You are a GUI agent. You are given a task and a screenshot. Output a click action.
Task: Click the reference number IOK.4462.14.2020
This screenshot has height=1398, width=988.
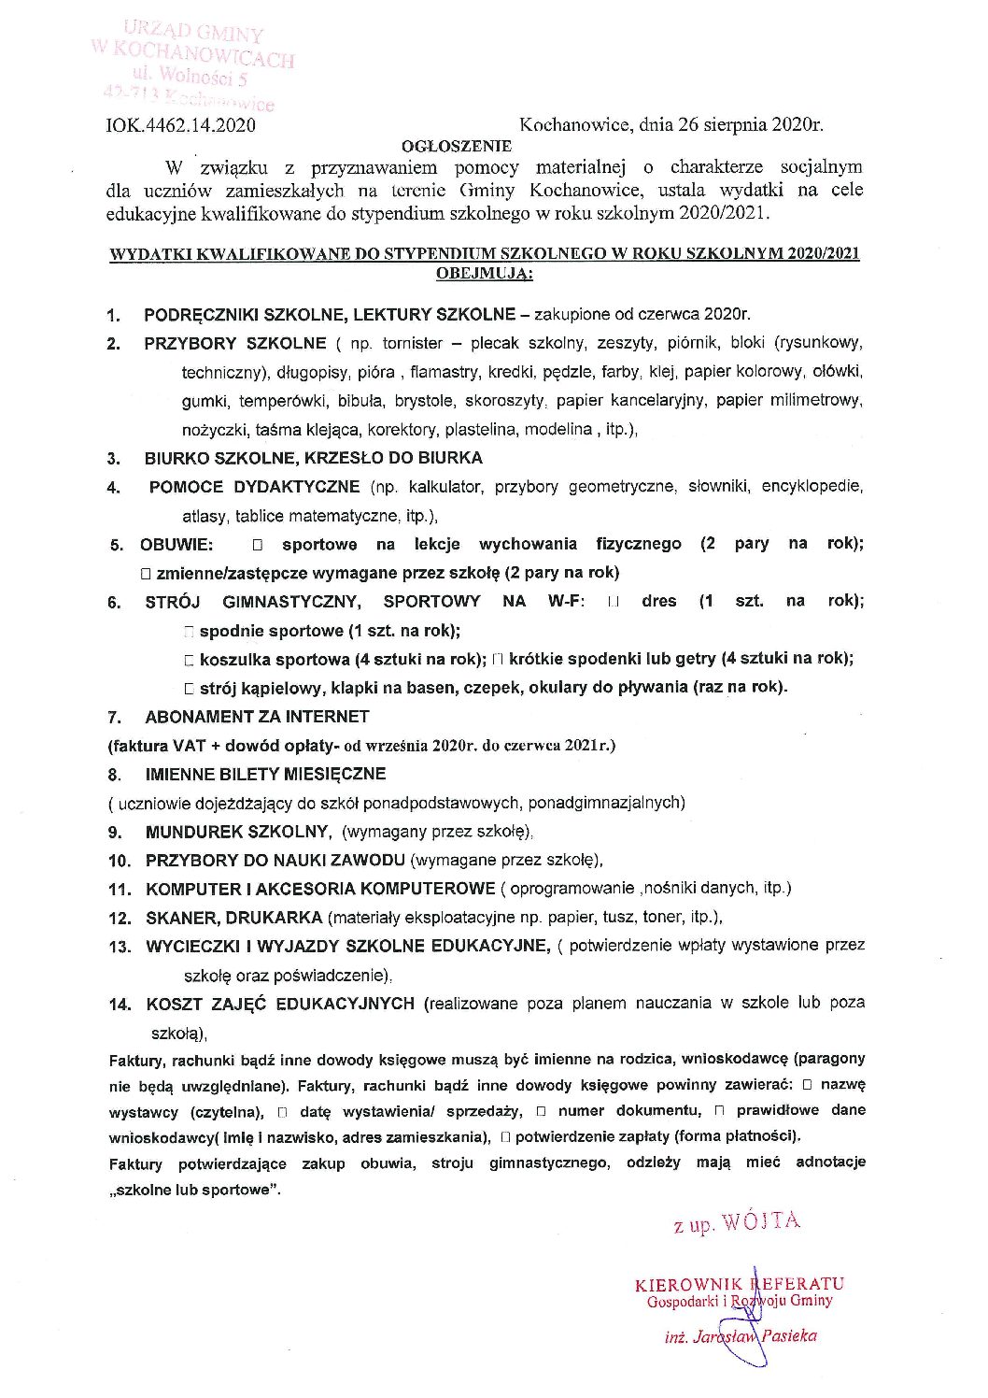point(181,124)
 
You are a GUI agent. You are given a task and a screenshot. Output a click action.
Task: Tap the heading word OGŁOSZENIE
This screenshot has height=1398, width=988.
point(456,146)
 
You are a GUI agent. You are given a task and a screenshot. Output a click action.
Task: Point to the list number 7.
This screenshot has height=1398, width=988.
point(115,718)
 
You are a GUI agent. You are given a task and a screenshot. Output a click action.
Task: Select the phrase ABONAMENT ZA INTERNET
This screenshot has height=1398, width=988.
point(257,717)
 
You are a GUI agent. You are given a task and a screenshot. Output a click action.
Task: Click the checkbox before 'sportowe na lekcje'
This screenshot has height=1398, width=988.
point(258,544)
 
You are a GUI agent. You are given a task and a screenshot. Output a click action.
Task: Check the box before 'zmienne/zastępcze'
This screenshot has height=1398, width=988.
point(146,573)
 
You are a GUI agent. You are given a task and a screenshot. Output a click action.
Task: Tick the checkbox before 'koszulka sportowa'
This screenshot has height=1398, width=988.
point(190,660)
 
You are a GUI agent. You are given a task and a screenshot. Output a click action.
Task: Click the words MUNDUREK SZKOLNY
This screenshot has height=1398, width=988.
point(237,832)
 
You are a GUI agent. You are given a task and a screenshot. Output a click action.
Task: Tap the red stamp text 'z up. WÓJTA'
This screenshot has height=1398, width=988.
point(737,1222)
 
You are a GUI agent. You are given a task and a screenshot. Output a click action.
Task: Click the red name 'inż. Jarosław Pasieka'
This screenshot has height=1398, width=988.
point(741,1336)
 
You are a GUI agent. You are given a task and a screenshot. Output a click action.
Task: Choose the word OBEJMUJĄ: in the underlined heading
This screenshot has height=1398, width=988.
point(484,274)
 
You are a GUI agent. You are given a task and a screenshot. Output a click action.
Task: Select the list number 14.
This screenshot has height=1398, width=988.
point(120,1005)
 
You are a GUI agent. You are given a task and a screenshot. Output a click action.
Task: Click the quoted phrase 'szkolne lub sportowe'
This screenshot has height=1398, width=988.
point(196,1191)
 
